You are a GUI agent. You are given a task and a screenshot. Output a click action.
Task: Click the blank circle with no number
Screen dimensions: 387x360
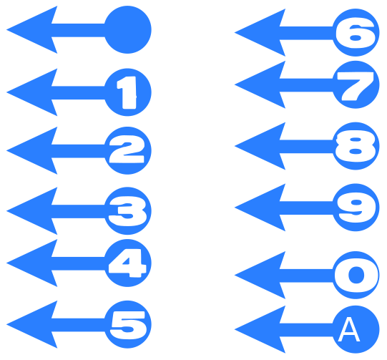pos(127,29)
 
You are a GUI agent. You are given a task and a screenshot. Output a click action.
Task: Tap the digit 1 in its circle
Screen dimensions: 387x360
pos(127,92)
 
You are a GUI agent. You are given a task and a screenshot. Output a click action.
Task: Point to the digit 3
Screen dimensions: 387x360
pos(127,211)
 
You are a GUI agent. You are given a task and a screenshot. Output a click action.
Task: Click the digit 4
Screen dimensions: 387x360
pos(127,263)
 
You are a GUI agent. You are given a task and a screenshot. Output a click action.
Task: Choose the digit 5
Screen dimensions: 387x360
pos(127,325)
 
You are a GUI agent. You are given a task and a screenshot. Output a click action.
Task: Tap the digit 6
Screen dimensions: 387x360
pos(356,33)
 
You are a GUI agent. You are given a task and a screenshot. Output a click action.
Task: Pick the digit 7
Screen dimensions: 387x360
pos(356,86)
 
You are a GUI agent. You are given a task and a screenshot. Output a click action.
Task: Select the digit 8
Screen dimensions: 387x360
pos(356,146)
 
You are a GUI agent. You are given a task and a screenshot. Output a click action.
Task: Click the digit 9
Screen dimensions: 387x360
pos(356,208)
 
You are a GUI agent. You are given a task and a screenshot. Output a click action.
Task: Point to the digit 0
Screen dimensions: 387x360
pos(356,275)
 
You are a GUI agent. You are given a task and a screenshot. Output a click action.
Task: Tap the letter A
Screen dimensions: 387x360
pos(349,329)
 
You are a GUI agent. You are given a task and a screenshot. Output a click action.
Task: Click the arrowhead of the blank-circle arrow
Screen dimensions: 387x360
pos(32,29)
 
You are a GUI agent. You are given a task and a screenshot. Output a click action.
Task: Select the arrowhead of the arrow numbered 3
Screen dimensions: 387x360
pos(32,211)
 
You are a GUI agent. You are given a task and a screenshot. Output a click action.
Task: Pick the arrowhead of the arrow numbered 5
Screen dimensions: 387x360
pos(32,324)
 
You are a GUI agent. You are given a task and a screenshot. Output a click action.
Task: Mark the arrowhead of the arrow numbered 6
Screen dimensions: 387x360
pos(260,33)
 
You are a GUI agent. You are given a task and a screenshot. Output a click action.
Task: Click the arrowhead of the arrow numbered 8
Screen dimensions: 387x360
pos(260,146)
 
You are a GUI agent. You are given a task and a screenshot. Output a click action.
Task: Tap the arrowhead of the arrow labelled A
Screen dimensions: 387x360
pos(260,330)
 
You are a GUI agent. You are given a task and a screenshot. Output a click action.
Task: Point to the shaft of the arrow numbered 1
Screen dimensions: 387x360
pos(79,92)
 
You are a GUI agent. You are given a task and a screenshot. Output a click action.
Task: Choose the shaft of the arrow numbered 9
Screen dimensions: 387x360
pos(307,208)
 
